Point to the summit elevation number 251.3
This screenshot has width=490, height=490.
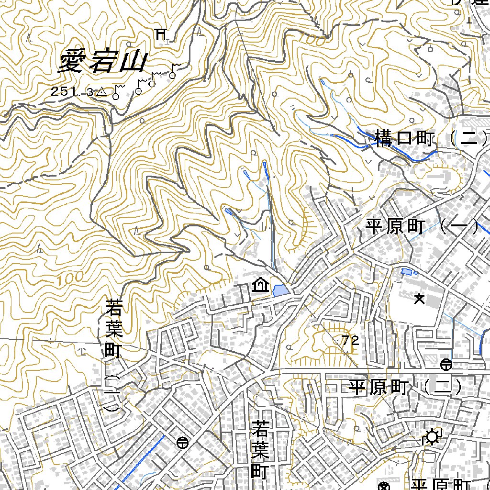[72, 92]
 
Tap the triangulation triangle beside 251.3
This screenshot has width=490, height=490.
[101, 91]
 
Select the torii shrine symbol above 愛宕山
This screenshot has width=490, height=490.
[162, 34]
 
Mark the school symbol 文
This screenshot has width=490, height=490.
[420, 299]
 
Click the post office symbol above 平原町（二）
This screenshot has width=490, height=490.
[446, 365]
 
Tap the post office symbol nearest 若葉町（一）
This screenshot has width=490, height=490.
[182, 443]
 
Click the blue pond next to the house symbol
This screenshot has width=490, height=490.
[280, 290]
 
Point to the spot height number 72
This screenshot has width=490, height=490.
[350, 341]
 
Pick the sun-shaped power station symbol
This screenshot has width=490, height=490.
[433, 437]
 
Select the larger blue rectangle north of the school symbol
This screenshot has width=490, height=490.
[407, 272]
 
